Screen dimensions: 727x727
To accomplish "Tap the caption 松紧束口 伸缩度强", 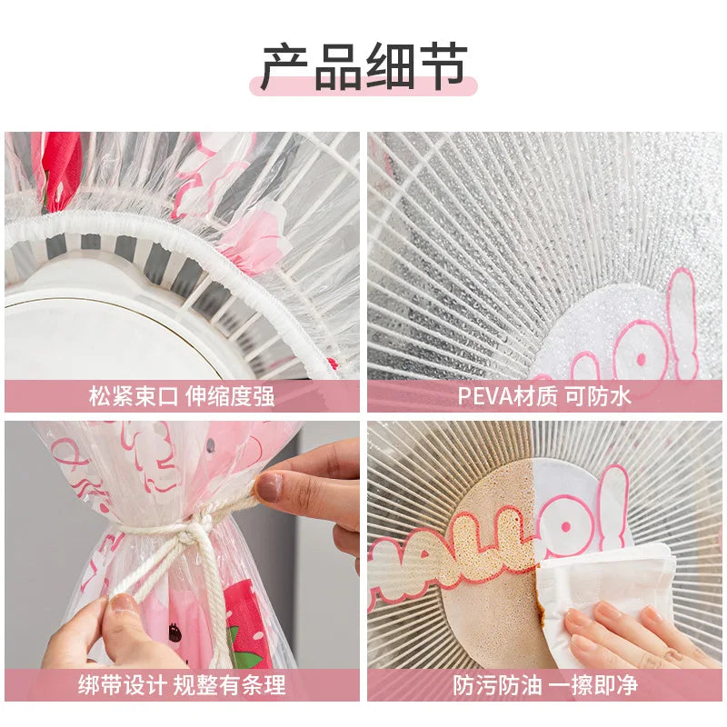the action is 182,396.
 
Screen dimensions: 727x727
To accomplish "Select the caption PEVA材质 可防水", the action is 544,396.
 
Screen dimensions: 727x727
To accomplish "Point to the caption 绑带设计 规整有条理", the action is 182,685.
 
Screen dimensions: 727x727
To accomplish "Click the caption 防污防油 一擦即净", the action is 545,685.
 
